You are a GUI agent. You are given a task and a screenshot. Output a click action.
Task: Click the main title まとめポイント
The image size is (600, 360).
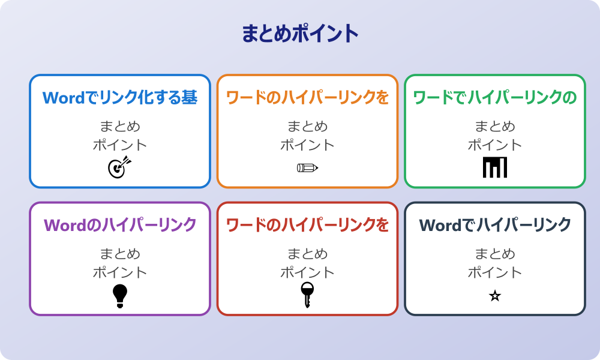pos(300,34)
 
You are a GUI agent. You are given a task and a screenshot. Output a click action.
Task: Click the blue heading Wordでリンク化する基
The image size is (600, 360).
pos(120,97)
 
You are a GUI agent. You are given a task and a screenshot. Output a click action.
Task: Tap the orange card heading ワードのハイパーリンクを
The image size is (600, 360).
pos(307,97)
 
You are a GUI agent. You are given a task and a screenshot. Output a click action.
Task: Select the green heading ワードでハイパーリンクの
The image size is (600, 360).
pos(495,97)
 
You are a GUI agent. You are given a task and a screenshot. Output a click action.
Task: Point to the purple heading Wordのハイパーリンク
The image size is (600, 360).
pos(120,225)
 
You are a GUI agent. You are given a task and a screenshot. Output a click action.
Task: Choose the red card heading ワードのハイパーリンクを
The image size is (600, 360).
pos(307,225)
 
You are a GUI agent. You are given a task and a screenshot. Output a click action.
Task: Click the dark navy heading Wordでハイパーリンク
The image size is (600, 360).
pos(495,225)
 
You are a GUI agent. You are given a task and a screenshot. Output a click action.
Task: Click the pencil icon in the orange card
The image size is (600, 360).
pos(307,167)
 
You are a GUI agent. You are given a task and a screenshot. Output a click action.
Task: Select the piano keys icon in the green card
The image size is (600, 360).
pos(495,167)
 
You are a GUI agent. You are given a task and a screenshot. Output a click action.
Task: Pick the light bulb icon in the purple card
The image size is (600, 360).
pos(120,295)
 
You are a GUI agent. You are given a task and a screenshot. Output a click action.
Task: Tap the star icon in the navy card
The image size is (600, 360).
pos(495,296)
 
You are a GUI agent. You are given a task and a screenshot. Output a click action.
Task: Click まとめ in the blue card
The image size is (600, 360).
pos(120,127)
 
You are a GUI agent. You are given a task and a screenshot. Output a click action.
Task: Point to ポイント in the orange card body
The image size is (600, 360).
pos(307,145)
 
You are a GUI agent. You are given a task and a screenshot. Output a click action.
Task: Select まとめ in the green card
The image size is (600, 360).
pos(495,127)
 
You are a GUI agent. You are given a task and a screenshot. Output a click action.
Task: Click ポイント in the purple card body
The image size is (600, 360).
pos(120,272)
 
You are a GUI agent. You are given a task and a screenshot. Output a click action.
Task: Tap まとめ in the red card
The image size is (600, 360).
pos(307,254)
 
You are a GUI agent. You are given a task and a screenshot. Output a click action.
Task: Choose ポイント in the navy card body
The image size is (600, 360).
pos(495,272)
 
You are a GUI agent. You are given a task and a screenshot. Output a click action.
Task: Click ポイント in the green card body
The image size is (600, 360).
pos(495,145)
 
